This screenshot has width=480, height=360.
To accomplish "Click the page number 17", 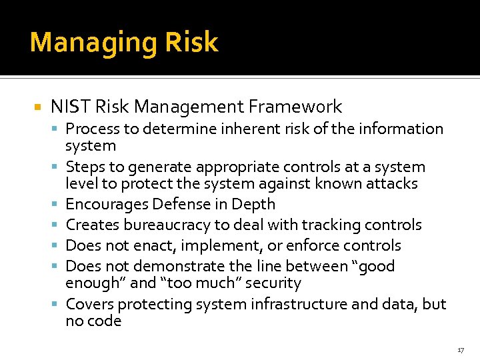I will coord(461,350).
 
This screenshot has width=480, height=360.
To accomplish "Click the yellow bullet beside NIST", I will coord(37,107).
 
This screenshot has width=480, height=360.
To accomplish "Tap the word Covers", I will coord(87,304).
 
